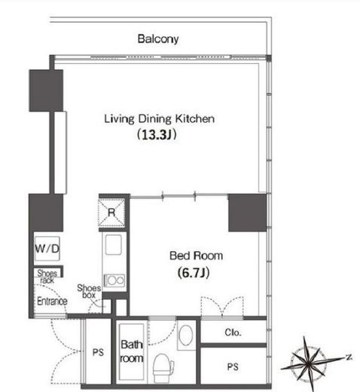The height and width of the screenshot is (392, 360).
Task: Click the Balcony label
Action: pyautogui.click(x=158, y=39)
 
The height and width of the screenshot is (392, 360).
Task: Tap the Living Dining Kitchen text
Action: pyautogui.click(x=160, y=119)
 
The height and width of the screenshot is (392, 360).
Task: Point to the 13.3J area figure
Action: pyautogui.click(x=157, y=135)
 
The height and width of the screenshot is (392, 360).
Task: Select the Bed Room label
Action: pyautogui.click(x=197, y=256)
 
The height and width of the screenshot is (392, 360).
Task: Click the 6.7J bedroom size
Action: pyautogui.click(x=194, y=273)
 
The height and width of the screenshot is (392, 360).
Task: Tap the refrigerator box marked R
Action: pyautogui.click(x=111, y=213)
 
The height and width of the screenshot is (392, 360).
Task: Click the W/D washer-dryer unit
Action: pyautogui.click(x=47, y=249)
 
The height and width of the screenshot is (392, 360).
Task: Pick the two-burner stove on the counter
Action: pyautogui.click(x=114, y=280)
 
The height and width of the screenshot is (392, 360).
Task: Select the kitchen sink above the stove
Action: pyautogui.click(x=114, y=245)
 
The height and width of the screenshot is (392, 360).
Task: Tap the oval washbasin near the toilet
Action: pyautogui.click(x=186, y=335)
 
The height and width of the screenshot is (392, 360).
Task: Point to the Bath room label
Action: pyautogui.click(x=132, y=351)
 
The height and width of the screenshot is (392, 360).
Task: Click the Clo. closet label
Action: pyautogui.click(x=233, y=332)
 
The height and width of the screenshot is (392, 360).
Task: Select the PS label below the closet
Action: pyautogui.click(x=233, y=367)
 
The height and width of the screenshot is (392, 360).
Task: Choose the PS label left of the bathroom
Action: pyautogui.click(x=98, y=352)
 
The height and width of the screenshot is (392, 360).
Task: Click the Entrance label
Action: pyautogui.click(x=52, y=301)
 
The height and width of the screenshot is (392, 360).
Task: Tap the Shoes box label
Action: pyautogui.click(x=89, y=291)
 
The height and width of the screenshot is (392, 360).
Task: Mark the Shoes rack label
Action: pyautogui.click(x=47, y=277)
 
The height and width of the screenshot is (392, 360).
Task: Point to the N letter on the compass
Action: pyautogui.click(x=349, y=357)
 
